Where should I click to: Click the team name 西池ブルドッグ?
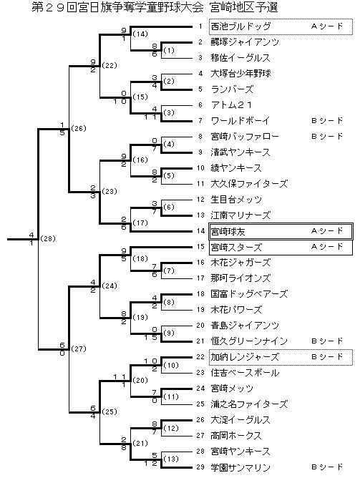(x=240, y=26)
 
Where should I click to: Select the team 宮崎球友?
(x=228, y=232)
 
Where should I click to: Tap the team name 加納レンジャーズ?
(x=245, y=357)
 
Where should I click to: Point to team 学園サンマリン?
(x=240, y=467)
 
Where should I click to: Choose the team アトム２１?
(x=232, y=105)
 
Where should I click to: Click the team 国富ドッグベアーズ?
(x=249, y=294)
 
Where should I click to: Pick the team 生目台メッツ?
(x=236, y=200)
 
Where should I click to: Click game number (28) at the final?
(x=48, y=239)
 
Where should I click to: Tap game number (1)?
(x=169, y=50)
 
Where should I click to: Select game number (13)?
(x=171, y=459)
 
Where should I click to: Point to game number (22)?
(x=110, y=66)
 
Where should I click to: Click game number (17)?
(x=140, y=223)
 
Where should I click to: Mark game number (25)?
(x=110, y=412)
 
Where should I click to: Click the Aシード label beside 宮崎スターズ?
(x=327, y=247)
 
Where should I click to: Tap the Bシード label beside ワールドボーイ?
(x=327, y=121)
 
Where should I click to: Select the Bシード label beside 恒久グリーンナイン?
(x=327, y=341)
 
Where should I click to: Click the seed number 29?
(x=200, y=467)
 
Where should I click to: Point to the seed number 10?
(x=200, y=168)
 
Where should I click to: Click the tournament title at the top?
(x=155, y=7)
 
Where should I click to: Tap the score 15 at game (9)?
(x=150, y=338)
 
